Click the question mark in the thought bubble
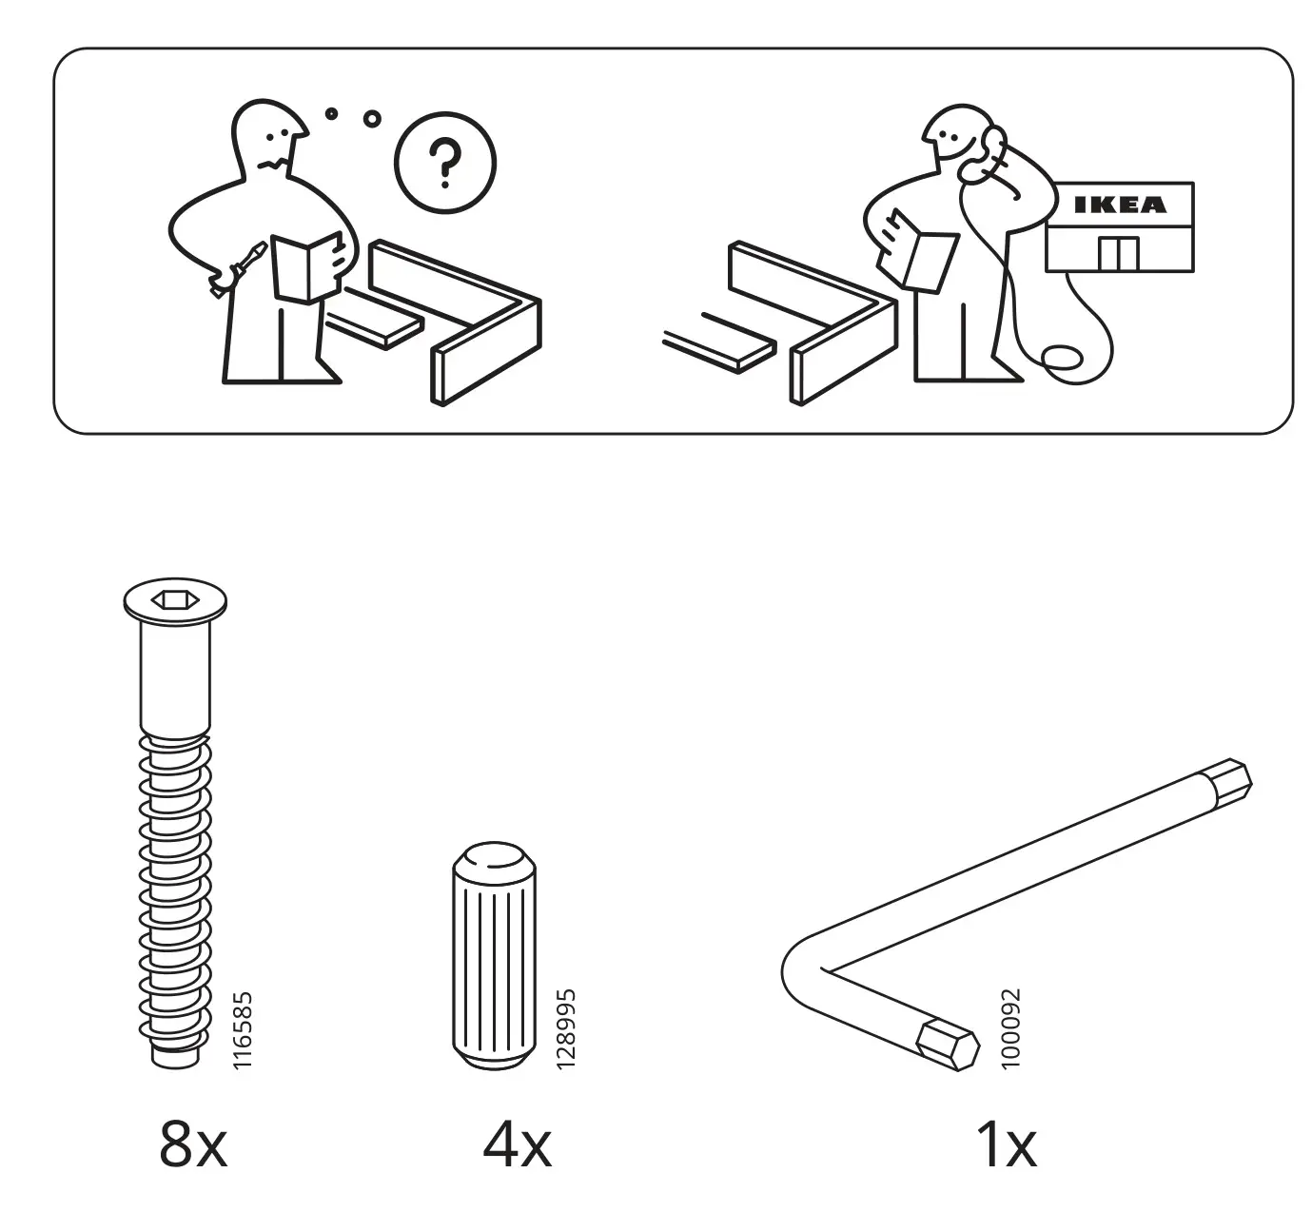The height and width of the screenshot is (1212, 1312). tap(444, 163)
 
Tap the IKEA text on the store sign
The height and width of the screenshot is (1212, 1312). tap(1119, 205)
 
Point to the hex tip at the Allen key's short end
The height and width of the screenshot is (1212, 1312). tap(947, 1051)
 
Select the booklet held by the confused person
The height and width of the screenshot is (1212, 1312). tap(307, 266)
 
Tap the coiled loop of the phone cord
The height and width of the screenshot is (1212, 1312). tap(1061, 359)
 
